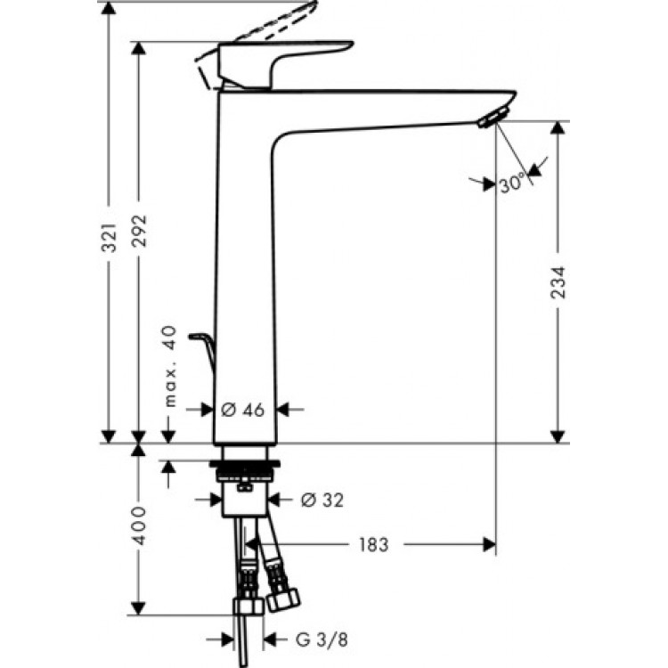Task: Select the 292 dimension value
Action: (x=138, y=233)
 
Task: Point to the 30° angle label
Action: (x=512, y=184)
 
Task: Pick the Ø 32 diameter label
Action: (x=322, y=500)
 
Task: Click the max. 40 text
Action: (x=171, y=367)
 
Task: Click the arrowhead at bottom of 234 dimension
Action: (x=558, y=436)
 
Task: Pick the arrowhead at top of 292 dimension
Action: (x=138, y=50)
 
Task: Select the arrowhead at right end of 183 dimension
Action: (x=487, y=544)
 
